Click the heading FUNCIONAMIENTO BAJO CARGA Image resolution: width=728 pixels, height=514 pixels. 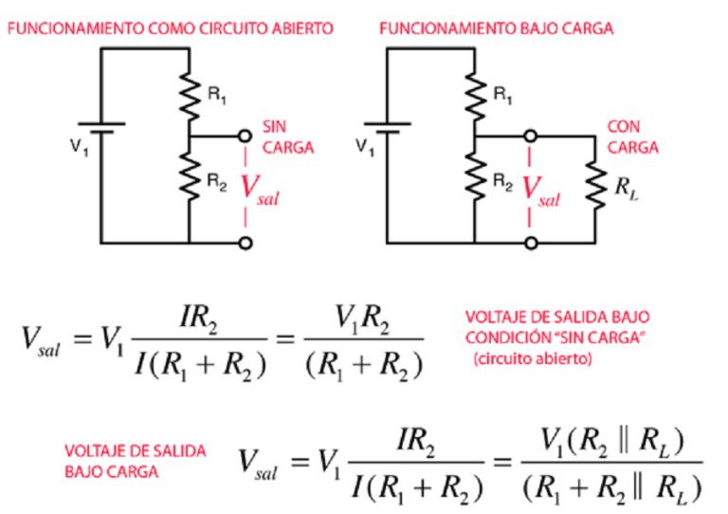pos(496,28)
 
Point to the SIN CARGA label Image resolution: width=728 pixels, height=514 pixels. pos(285,137)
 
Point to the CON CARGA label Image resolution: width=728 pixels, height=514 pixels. pos(632,137)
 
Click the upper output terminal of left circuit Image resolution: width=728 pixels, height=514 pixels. pos(246,137)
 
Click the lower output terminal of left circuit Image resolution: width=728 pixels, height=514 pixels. pos(246,243)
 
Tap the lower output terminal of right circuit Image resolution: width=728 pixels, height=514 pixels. pos(530,243)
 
